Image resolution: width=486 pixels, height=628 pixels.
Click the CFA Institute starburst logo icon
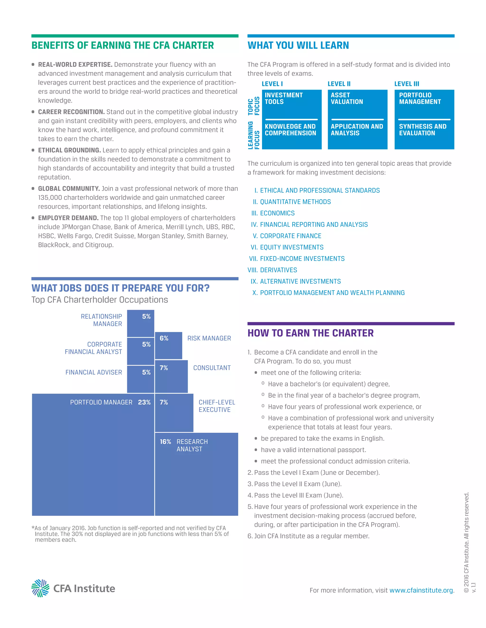(40, 588)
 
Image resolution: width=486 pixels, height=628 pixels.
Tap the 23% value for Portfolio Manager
(144, 402)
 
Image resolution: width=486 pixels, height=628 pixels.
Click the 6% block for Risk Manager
(168, 345)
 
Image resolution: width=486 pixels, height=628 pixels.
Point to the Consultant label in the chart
(212, 368)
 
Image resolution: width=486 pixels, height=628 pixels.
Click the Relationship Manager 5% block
(140, 323)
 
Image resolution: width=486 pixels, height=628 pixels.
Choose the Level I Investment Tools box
(291, 119)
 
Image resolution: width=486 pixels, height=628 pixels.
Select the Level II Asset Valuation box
(357, 119)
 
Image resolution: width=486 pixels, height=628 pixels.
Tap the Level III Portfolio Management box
(424, 119)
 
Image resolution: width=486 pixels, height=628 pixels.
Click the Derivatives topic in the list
(278, 270)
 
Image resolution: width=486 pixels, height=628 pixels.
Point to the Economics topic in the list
(277, 213)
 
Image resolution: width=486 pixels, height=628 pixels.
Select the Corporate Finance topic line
(290, 236)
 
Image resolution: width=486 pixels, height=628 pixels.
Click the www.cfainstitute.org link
(421, 590)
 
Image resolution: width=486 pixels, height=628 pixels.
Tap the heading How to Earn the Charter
(310, 333)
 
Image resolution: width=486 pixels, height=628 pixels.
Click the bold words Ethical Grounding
(69, 150)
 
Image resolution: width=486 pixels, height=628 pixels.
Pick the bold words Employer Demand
(68, 218)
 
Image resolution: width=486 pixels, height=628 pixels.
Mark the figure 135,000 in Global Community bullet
(50, 198)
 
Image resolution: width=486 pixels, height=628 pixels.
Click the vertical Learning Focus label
(253, 135)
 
